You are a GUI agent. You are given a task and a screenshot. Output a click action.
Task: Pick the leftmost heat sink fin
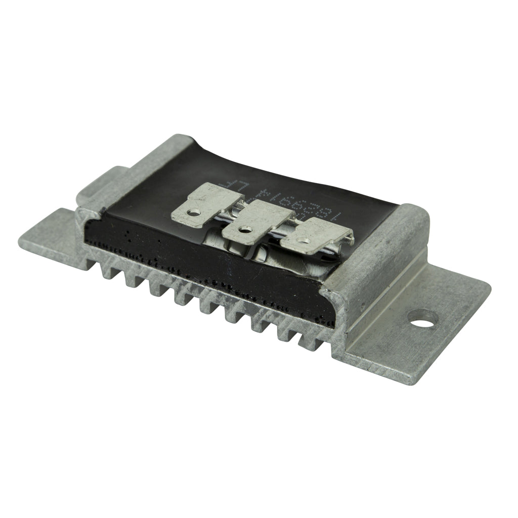coord(108,271)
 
